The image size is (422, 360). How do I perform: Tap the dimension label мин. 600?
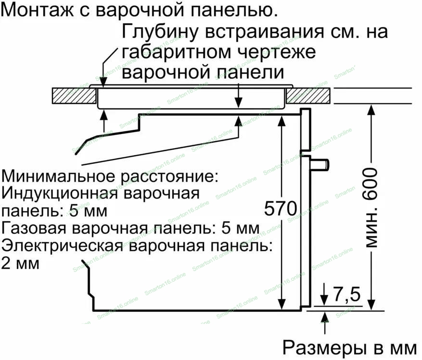370,208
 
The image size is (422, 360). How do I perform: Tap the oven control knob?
320,163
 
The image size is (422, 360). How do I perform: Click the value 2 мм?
21,263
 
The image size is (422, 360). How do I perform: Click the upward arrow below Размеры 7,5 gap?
325,318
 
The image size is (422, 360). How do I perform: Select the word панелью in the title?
233,10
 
